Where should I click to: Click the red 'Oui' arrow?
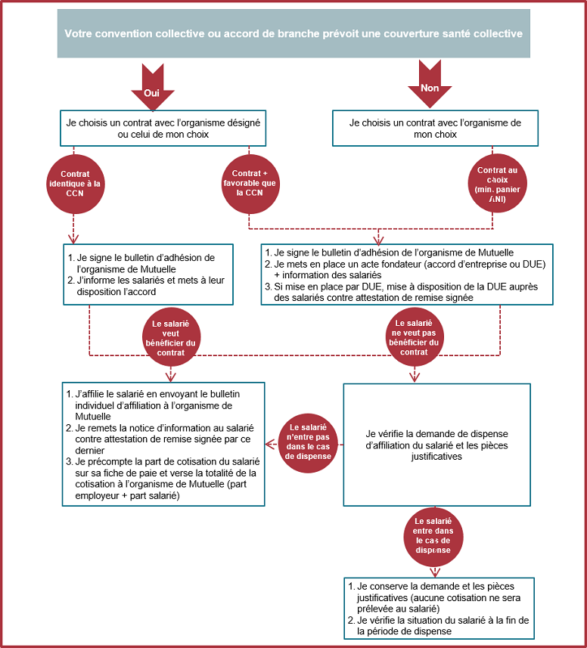click(152, 85)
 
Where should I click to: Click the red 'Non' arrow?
click(429, 84)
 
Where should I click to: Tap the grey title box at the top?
click(293, 33)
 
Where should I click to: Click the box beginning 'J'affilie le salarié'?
click(163, 444)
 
